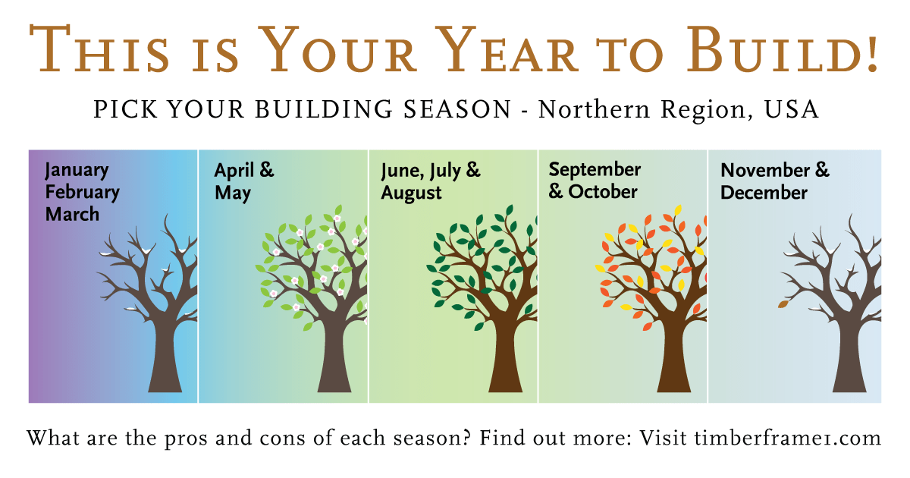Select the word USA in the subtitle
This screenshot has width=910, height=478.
pyautogui.click(x=792, y=109)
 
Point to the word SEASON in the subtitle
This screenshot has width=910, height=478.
pyautogui.click(x=457, y=109)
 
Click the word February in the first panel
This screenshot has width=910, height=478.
pyautogui.click(x=82, y=192)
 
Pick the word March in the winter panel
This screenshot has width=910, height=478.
pyautogui.click(x=72, y=214)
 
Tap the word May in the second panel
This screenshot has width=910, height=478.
pyautogui.click(x=232, y=193)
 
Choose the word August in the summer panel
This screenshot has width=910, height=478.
pyautogui.click(x=411, y=193)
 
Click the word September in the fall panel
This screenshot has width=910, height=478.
pyautogui.click(x=595, y=170)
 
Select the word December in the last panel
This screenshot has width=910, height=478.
pyautogui.click(x=764, y=193)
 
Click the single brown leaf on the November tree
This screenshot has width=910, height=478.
pyautogui.click(x=783, y=304)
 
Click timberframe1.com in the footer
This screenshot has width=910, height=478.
pyautogui.click(x=787, y=439)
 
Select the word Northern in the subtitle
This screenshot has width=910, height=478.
pyautogui.click(x=594, y=109)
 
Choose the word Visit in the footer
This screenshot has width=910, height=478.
pyautogui.click(x=664, y=439)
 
